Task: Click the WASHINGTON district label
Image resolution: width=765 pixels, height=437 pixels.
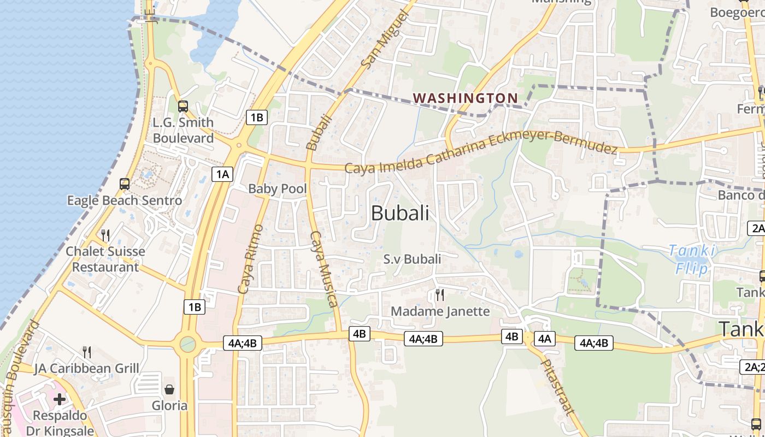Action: (x=465, y=98)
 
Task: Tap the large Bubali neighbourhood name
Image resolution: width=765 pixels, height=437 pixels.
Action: (x=400, y=213)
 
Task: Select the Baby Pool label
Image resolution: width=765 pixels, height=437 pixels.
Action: (x=278, y=189)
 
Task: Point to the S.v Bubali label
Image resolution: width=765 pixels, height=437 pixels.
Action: (x=412, y=259)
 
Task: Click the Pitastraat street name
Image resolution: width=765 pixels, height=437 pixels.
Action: (x=557, y=387)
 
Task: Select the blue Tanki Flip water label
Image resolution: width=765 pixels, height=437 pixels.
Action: (x=692, y=259)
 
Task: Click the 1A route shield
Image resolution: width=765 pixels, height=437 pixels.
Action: (x=222, y=174)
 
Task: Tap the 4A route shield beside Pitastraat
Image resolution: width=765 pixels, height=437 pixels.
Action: (x=545, y=339)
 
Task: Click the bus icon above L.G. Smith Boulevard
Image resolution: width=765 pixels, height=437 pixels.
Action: (x=183, y=107)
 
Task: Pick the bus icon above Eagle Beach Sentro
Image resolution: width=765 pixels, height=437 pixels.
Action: (x=125, y=184)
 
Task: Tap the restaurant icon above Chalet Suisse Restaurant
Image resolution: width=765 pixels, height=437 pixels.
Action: (x=105, y=235)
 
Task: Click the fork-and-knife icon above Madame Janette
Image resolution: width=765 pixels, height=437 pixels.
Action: (x=440, y=295)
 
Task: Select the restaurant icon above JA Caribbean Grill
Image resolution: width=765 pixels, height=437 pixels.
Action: (x=86, y=352)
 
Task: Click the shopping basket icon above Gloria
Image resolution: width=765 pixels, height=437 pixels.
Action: (x=169, y=389)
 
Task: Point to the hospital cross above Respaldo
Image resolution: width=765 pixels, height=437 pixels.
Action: (x=60, y=399)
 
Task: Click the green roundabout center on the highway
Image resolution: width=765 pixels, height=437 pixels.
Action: (x=187, y=344)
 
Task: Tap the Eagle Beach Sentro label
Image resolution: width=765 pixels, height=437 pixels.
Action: (x=125, y=200)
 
